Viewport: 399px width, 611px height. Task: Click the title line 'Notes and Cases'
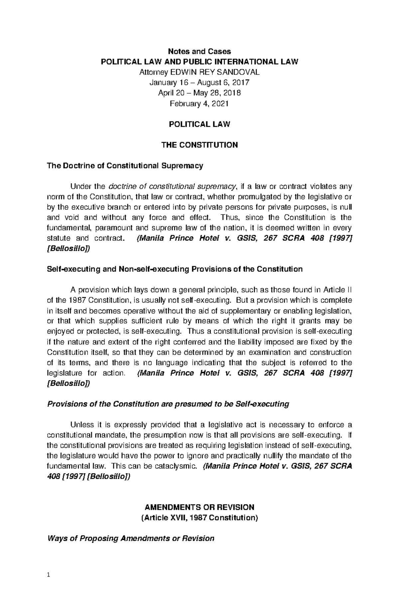pyautogui.click(x=199, y=51)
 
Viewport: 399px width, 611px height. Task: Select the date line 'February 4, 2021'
pyautogui.click(x=199, y=104)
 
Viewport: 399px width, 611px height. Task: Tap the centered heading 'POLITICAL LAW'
pyautogui.click(x=199, y=124)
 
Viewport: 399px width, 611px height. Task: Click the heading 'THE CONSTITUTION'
pyautogui.click(x=199, y=145)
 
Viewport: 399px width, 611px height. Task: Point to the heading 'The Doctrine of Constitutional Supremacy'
pyautogui.click(x=125, y=166)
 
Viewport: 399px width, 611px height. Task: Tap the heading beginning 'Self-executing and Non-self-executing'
pyautogui.click(x=175, y=269)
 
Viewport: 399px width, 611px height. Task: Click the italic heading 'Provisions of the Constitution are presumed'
pyautogui.click(x=168, y=404)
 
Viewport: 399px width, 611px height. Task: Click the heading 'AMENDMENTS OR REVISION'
pyautogui.click(x=199, y=507)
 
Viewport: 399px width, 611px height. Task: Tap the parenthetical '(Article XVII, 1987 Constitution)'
pyautogui.click(x=199, y=518)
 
